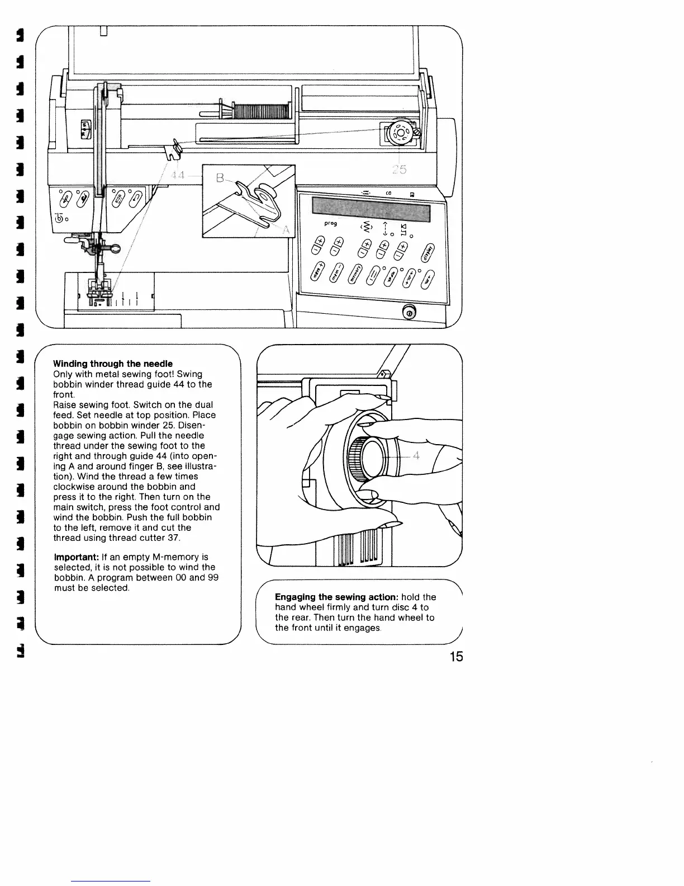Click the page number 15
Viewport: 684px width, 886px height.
(x=456, y=657)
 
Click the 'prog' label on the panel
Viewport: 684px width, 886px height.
(x=330, y=224)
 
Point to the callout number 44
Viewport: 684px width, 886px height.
(x=178, y=176)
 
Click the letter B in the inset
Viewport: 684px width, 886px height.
(x=220, y=180)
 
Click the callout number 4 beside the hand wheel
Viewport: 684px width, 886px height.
(x=416, y=456)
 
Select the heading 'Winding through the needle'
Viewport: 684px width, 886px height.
(x=113, y=364)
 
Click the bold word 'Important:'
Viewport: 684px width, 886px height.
(x=77, y=557)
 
